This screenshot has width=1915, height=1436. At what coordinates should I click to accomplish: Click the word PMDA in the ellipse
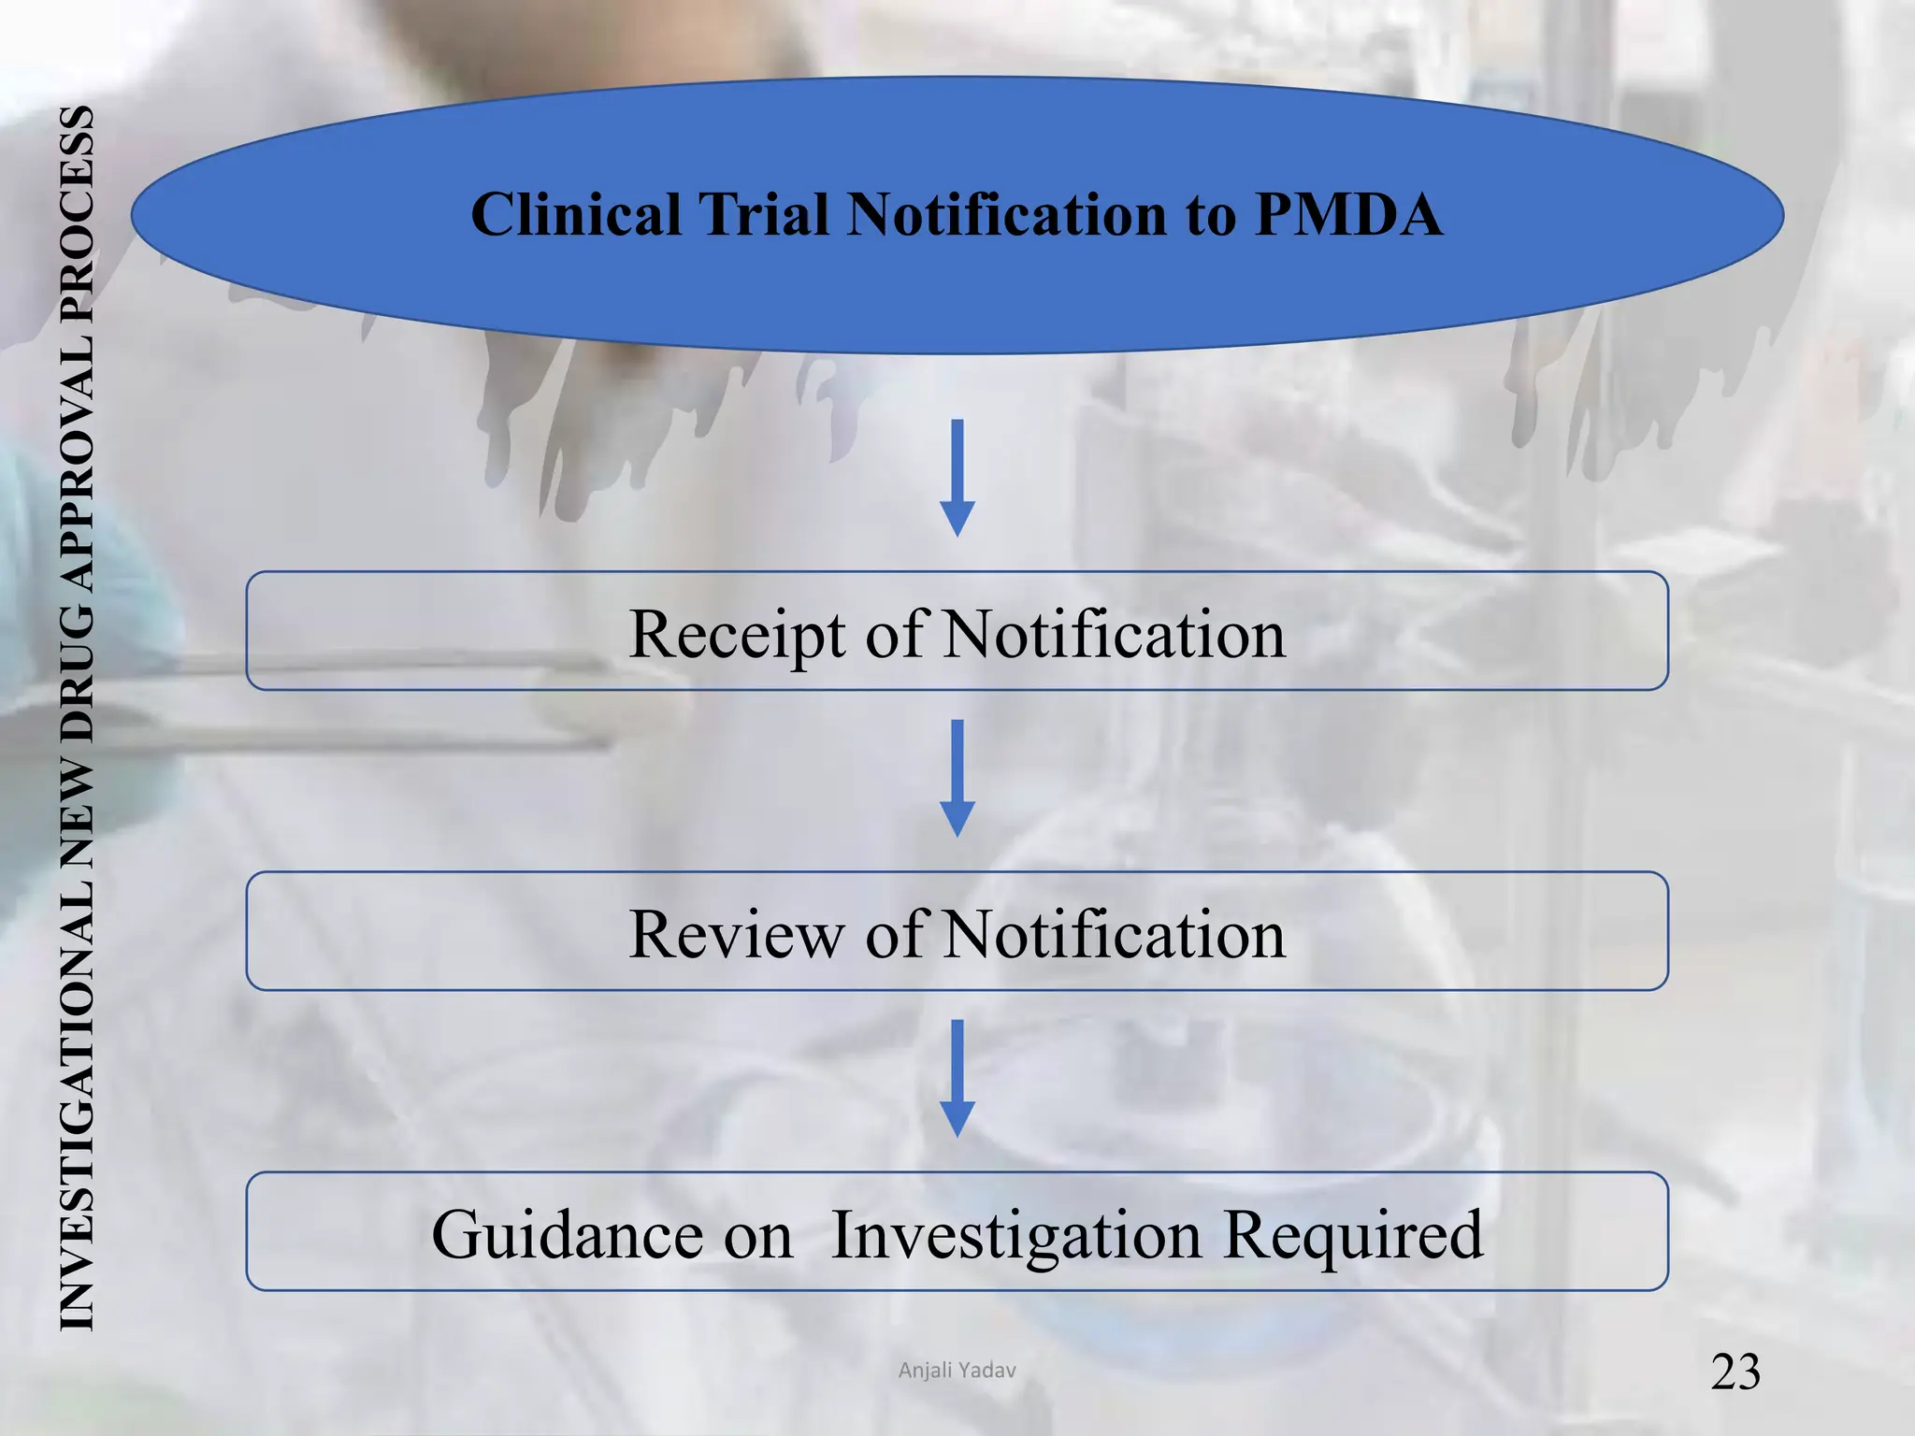tap(1347, 215)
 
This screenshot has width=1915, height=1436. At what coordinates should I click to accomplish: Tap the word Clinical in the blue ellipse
tap(575, 215)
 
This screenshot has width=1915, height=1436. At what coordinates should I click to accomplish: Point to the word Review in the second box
tap(735, 934)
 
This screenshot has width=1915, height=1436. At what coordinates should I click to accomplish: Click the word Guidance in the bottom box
tap(612, 1235)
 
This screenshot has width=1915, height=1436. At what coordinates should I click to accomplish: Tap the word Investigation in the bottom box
tap(1015, 1235)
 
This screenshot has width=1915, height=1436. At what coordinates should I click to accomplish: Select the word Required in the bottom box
tap(1353, 1235)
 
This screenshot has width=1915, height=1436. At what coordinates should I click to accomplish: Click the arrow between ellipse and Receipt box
tap(957, 478)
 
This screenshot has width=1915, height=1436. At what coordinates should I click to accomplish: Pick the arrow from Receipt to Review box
tap(957, 778)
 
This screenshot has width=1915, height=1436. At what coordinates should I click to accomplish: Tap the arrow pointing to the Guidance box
tap(957, 1078)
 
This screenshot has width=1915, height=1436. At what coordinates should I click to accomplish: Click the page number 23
tap(1735, 1372)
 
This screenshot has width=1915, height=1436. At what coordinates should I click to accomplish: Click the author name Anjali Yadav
tap(957, 1371)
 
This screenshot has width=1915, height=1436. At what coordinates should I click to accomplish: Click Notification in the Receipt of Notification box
tap(1114, 635)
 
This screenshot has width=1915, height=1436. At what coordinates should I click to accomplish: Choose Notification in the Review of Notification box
tap(1114, 934)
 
